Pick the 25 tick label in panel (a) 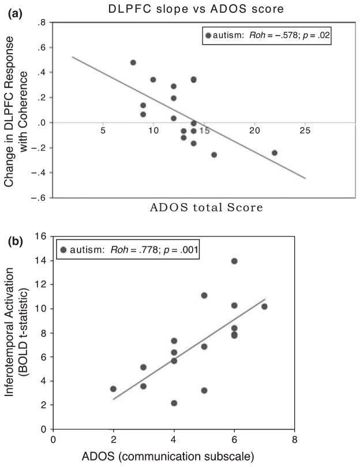pos(305,132)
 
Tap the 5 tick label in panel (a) pos(102,132)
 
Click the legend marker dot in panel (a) pos(209,36)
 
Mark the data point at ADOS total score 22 pos(275,153)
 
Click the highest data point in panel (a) pos(133,62)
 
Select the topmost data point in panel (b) pos(234,261)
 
